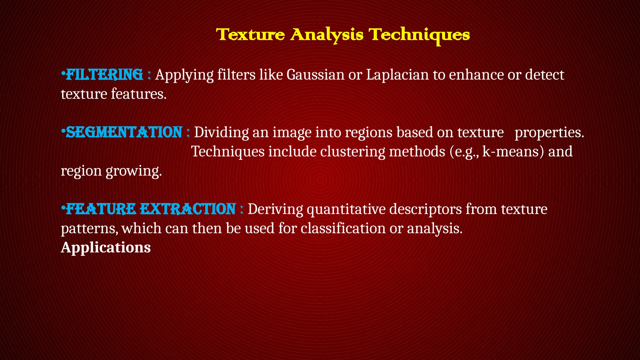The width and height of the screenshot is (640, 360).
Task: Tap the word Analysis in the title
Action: click(327, 35)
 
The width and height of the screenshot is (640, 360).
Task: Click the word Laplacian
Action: click(397, 75)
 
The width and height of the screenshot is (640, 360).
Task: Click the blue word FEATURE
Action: click(101, 209)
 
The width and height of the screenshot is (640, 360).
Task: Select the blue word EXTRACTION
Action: click(187, 209)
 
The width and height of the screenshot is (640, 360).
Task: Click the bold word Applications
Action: click(106, 247)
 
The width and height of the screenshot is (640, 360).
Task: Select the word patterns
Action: click(89, 229)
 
